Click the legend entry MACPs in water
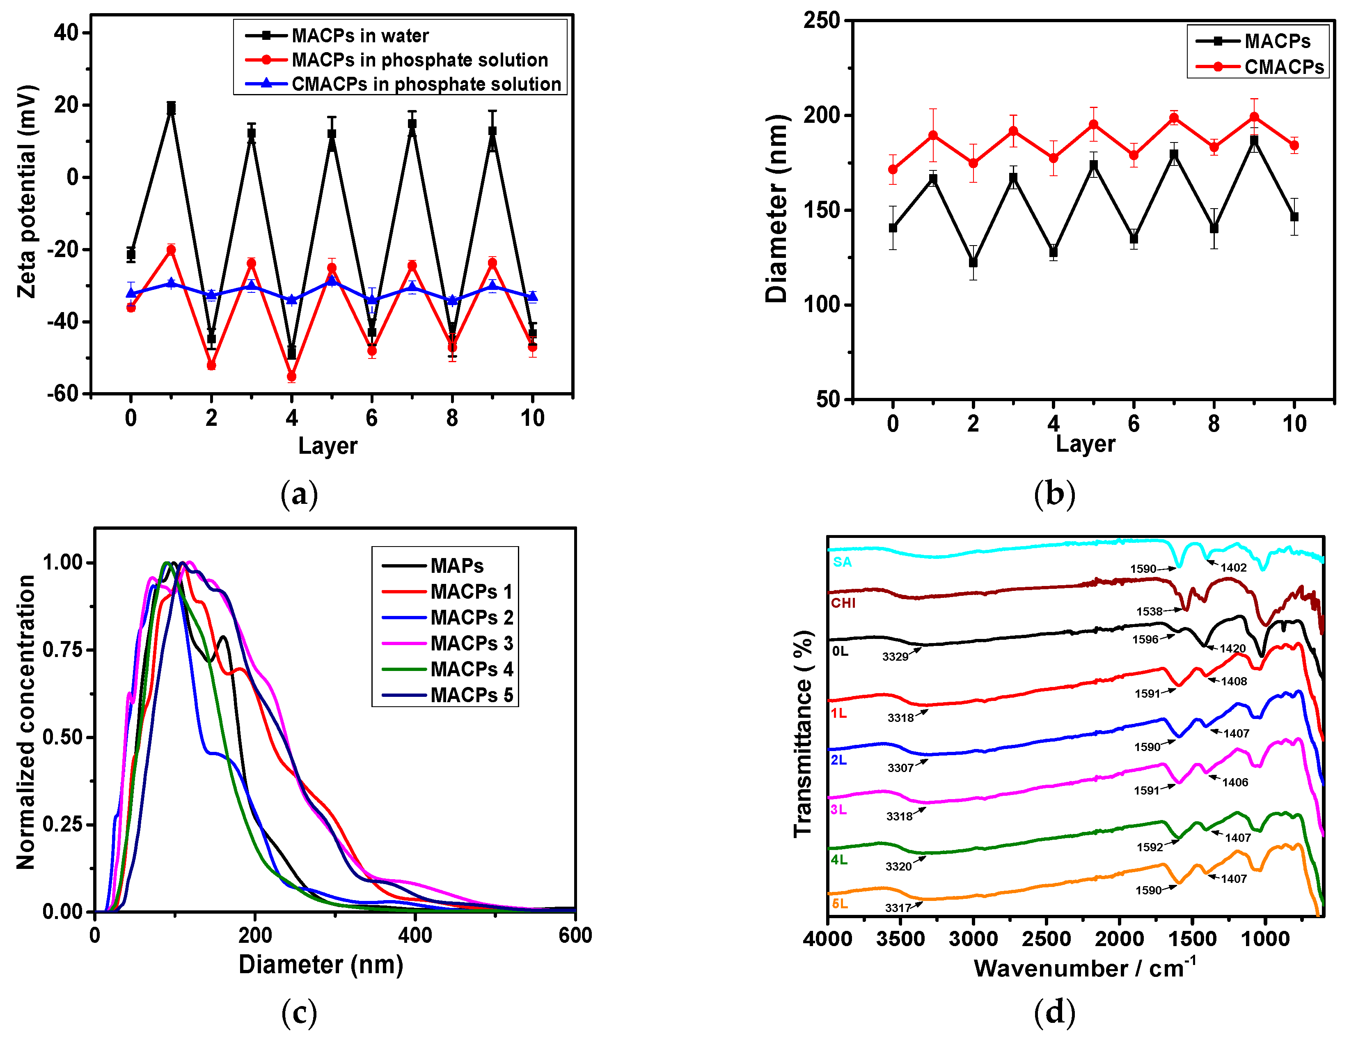pos(360,36)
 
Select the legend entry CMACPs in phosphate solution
pos(426,84)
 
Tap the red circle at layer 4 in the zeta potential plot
pos(291,376)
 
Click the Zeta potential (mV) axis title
pos(27,191)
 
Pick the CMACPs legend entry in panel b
pos(1283,67)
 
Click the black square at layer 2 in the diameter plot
pos(973,263)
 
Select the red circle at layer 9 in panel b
pos(1254,117)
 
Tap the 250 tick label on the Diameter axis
pos(822,21)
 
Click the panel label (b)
pos(1054,495)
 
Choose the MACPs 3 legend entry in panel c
pos(472,643)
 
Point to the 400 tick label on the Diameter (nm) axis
pos(415,935)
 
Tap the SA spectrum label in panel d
pos(842,562)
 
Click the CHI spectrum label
pos(843,603)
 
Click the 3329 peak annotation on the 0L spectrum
pos(895,656)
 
